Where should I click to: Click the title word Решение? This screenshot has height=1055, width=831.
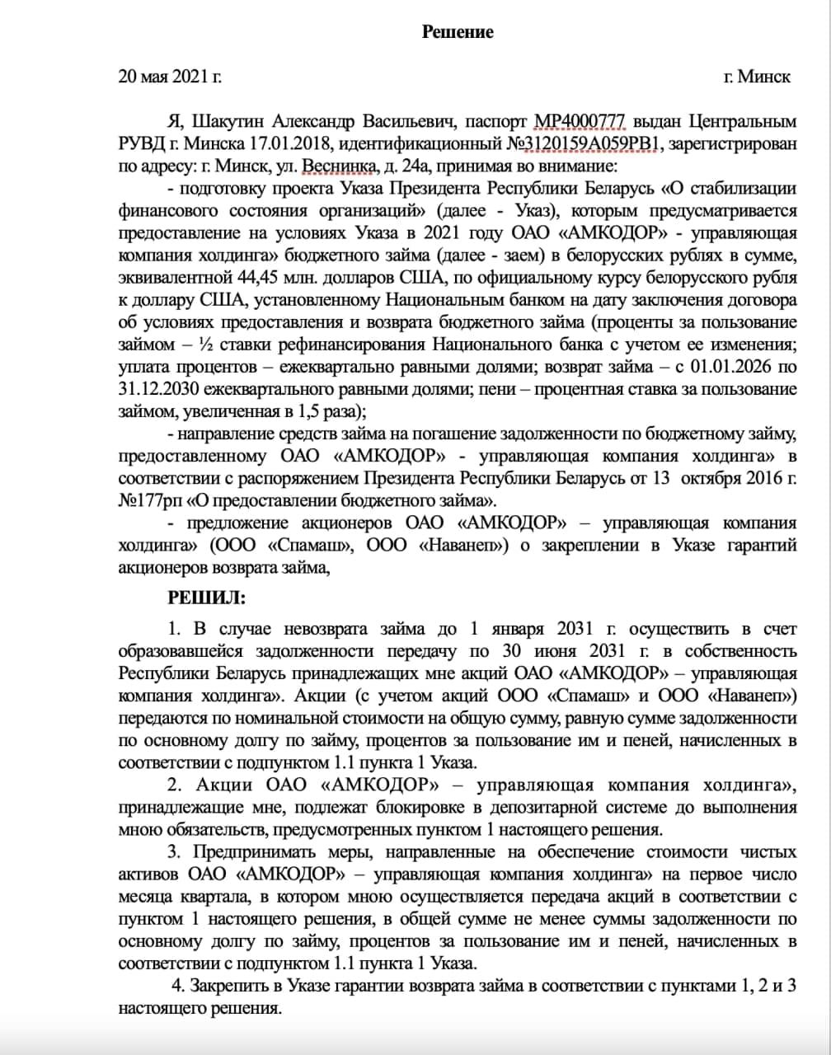(x=458, y=32)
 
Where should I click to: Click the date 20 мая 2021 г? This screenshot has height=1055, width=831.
(x=171, y=77)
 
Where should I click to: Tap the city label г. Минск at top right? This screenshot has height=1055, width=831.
(x=756, y=77)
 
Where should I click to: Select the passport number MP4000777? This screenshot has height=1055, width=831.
(x=580, y=123)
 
